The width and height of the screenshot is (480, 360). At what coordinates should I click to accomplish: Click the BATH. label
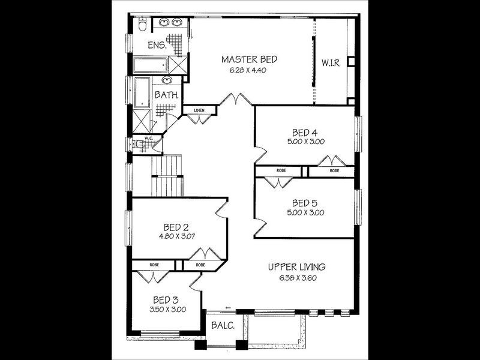click(166, 95)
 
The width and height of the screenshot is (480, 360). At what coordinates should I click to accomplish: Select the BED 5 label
click(305, 202)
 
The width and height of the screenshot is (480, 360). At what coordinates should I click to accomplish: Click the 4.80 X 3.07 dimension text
click(176, 236)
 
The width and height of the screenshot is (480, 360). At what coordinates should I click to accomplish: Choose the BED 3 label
click(166, 299)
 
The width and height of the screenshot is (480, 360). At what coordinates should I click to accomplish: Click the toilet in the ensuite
click(141, 25)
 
